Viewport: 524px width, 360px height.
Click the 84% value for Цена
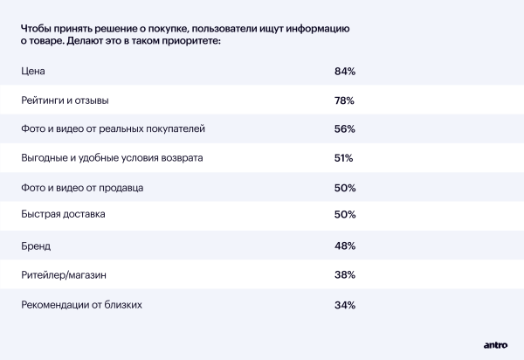point(344,71)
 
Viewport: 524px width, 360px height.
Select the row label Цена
point(33,71)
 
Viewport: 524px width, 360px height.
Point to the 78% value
point(344,100)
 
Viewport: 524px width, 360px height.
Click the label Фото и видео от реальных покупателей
point(113,129)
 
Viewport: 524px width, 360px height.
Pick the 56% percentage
point(344,129)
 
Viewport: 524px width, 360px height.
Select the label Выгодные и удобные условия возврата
point(112,159)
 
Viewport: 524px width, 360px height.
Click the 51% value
point(343,159)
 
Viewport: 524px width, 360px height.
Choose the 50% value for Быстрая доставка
point(344,215)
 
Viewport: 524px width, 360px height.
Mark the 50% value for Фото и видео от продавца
point(344,188)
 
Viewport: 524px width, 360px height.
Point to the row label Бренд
point(37,246)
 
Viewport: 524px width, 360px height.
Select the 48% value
point(344,246)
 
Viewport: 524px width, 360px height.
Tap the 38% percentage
point(344,275)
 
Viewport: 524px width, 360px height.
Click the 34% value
point(344,305)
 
